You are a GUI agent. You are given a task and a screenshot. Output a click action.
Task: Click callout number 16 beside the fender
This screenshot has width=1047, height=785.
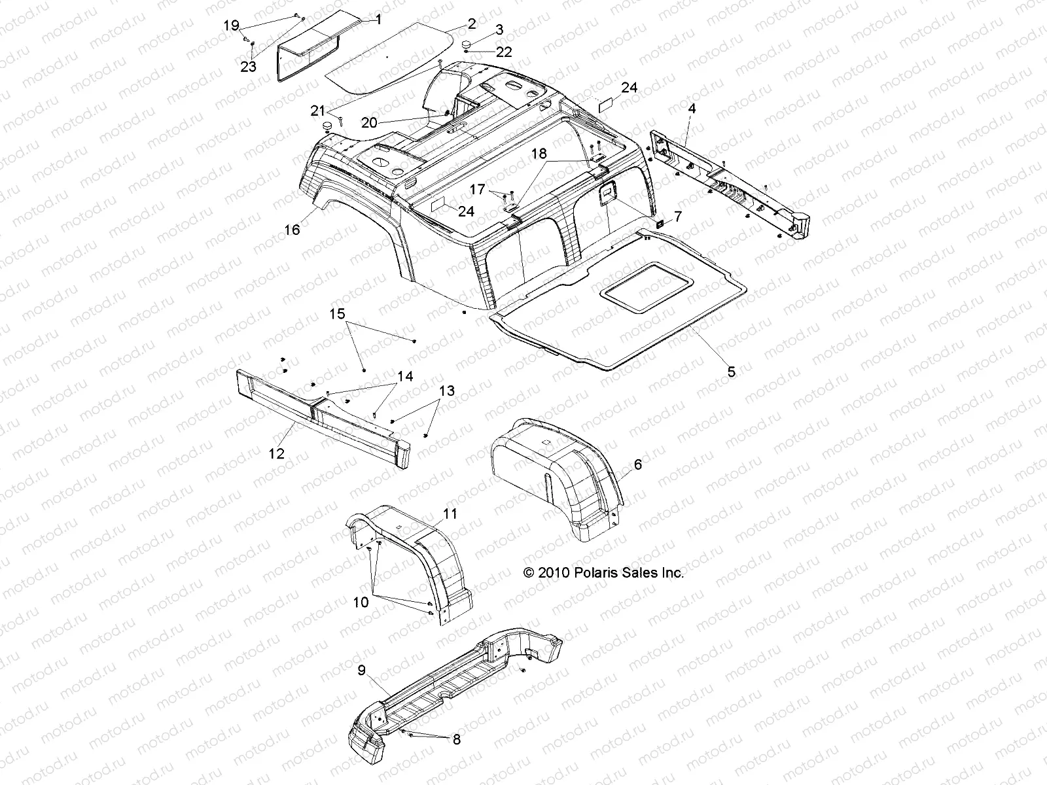[x=292, y=230]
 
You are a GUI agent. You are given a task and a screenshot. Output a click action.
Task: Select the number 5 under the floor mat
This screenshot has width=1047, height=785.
[x=731, y=372]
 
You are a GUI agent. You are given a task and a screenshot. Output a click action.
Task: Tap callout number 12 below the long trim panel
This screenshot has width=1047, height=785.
[x=277, y=453]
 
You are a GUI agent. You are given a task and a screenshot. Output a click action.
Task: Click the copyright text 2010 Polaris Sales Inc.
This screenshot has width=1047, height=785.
[x=603, y=573]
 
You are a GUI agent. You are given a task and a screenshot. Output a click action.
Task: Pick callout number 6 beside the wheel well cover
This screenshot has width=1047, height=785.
[x=638, y=464]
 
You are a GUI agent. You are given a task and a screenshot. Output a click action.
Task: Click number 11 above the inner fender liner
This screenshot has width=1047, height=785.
[x=450, y=514]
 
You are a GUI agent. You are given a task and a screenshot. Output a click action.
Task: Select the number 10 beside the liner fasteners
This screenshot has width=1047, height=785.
[x=361, y=602]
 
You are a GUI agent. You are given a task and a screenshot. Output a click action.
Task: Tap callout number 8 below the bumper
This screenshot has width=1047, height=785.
[x=456, y=740]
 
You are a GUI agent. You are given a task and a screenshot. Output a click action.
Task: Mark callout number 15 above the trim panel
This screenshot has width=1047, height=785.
[x=336, y=315]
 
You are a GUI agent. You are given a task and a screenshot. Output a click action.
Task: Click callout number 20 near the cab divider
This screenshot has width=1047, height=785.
[x=370, y=122]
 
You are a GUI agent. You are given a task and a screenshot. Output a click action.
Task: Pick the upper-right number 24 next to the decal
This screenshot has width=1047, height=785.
[x=630, y=88]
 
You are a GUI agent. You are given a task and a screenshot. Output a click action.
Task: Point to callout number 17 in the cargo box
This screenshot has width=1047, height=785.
[x=478, y=190]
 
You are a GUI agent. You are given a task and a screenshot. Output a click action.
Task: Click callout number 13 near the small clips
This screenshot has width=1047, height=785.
[x=446, y=391]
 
